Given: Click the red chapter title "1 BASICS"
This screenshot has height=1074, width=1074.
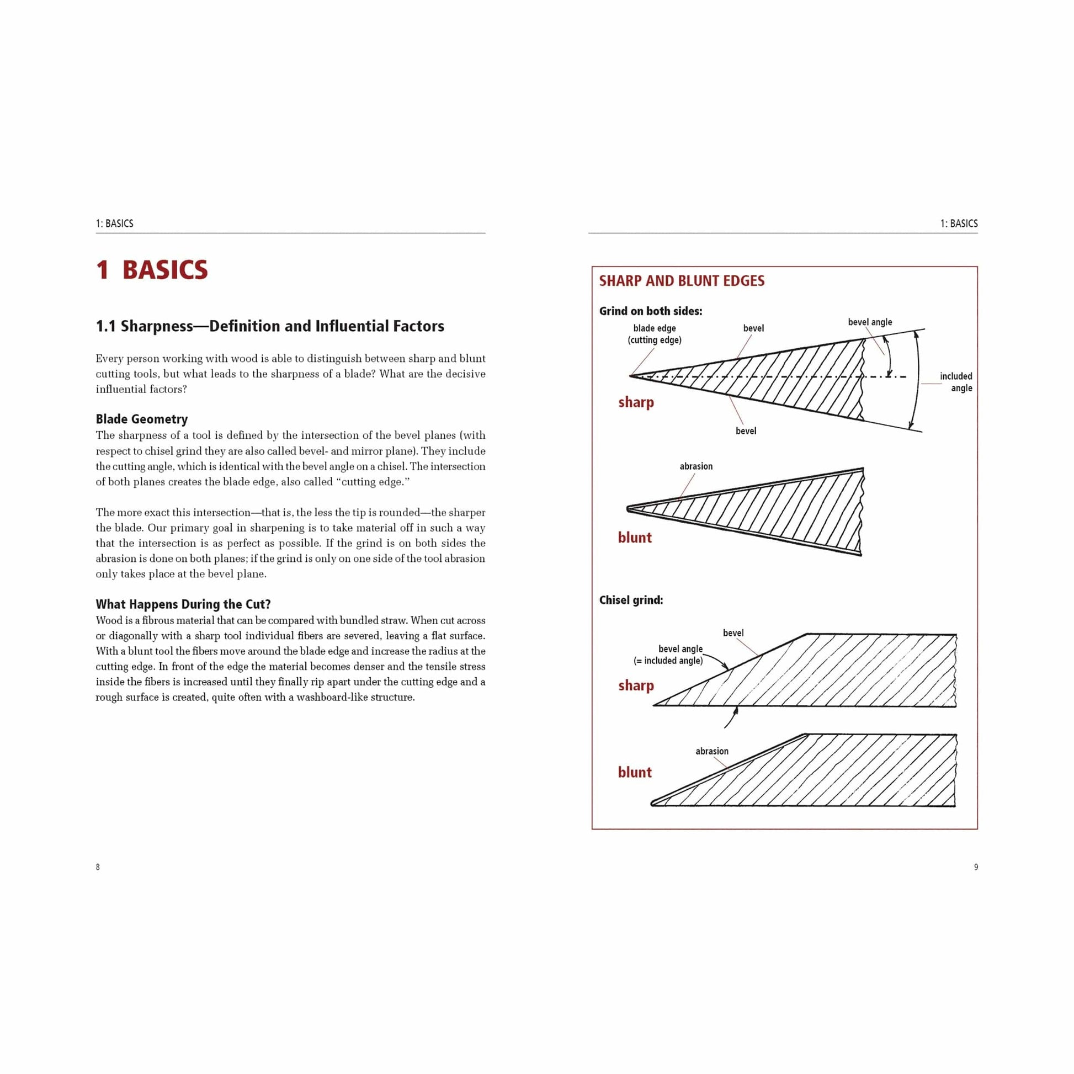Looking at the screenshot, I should click(x=152, y=270).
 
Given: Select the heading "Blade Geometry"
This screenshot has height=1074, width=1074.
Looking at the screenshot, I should click(x=142, y=419).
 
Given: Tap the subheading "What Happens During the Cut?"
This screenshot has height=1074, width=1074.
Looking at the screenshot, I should click(x=183, y=604).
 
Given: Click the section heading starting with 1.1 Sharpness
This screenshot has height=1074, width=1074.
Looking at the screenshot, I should click(x=270, y=326).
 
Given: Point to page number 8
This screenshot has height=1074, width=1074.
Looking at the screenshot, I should click(x=98, y=867).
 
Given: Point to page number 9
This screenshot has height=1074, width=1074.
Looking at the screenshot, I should click(x=976, y=867).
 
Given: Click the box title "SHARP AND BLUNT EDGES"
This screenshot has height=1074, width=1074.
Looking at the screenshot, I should click(x=682, y=281).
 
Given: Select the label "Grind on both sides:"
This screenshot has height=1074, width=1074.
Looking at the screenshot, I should click(x=650, y=311).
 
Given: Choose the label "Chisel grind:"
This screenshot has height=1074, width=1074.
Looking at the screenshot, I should click(x=631, y=600).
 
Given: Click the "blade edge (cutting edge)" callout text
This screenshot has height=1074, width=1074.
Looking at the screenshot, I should click(x=655, y=334).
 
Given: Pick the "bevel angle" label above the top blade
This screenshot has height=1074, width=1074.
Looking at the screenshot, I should click(x=869, y=322).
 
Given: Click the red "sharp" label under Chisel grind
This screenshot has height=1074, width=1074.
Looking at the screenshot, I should click(x=636, y=685).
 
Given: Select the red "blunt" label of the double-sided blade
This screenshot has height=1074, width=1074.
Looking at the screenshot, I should click(x=635, y=538).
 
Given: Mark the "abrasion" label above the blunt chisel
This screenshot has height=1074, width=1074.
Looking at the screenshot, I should click(x=711, y=752).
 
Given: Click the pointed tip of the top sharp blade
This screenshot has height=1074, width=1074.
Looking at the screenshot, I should click(x=631, y=376).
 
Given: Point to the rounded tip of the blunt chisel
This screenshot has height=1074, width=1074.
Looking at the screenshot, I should click(x=653, y=802).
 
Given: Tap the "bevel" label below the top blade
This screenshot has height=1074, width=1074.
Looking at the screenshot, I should click(x=746, y=431).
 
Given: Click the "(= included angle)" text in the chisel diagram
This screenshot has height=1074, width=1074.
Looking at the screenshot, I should click(x=668, y=661).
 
